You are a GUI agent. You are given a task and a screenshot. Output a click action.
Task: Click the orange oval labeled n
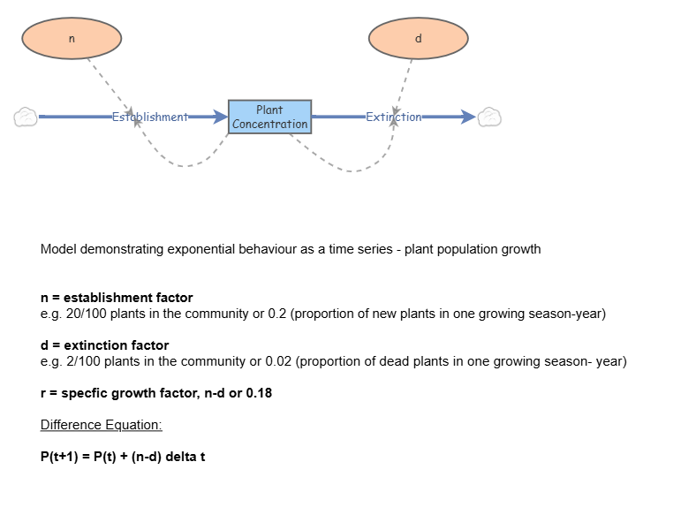[72, 38]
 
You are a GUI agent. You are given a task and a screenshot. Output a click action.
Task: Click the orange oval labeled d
[418, 38]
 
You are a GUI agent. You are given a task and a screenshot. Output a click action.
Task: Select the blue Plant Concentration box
[269, 117]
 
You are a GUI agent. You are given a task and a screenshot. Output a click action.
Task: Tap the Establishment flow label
[149, 117]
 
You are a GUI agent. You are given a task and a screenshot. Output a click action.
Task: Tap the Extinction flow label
[393, 117]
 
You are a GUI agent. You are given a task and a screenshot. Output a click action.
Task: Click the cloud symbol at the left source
[26, 117]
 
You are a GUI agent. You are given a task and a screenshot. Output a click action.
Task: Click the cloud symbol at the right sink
[489, 117]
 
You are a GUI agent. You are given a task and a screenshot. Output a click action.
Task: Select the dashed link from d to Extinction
[404, 84]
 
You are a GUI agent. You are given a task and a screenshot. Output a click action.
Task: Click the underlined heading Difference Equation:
[101, 425]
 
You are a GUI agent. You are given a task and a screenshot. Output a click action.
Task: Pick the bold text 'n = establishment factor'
[117, 298]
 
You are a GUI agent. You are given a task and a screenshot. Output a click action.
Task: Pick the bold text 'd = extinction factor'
[104, 345]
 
